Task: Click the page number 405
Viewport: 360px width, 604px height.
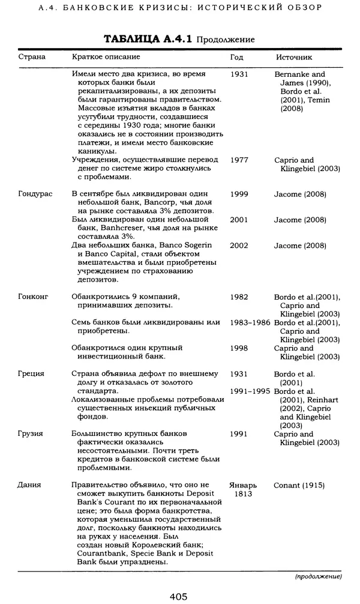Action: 178,596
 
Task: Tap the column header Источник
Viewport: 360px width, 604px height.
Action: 294,57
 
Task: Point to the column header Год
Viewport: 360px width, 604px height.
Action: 237,57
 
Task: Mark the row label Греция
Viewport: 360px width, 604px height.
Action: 31,373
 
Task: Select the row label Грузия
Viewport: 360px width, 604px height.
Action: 31,433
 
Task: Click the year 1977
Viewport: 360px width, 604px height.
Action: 239,160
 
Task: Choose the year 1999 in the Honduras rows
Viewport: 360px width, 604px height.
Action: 239,195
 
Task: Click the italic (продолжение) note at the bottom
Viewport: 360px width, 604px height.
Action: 318,577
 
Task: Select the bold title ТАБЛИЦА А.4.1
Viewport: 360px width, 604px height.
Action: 148,39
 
